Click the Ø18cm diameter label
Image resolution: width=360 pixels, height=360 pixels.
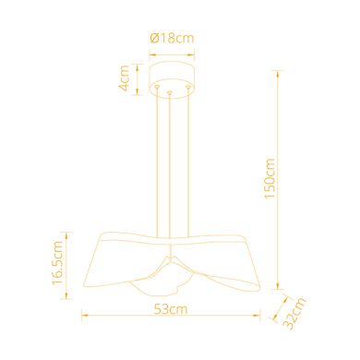pyautogui.click(x=173, y=38)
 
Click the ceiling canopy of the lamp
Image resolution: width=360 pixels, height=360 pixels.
pyautogui.click(x=173, y=78)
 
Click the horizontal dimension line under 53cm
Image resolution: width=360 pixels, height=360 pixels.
pyautogui.click(x=173, y=317)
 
